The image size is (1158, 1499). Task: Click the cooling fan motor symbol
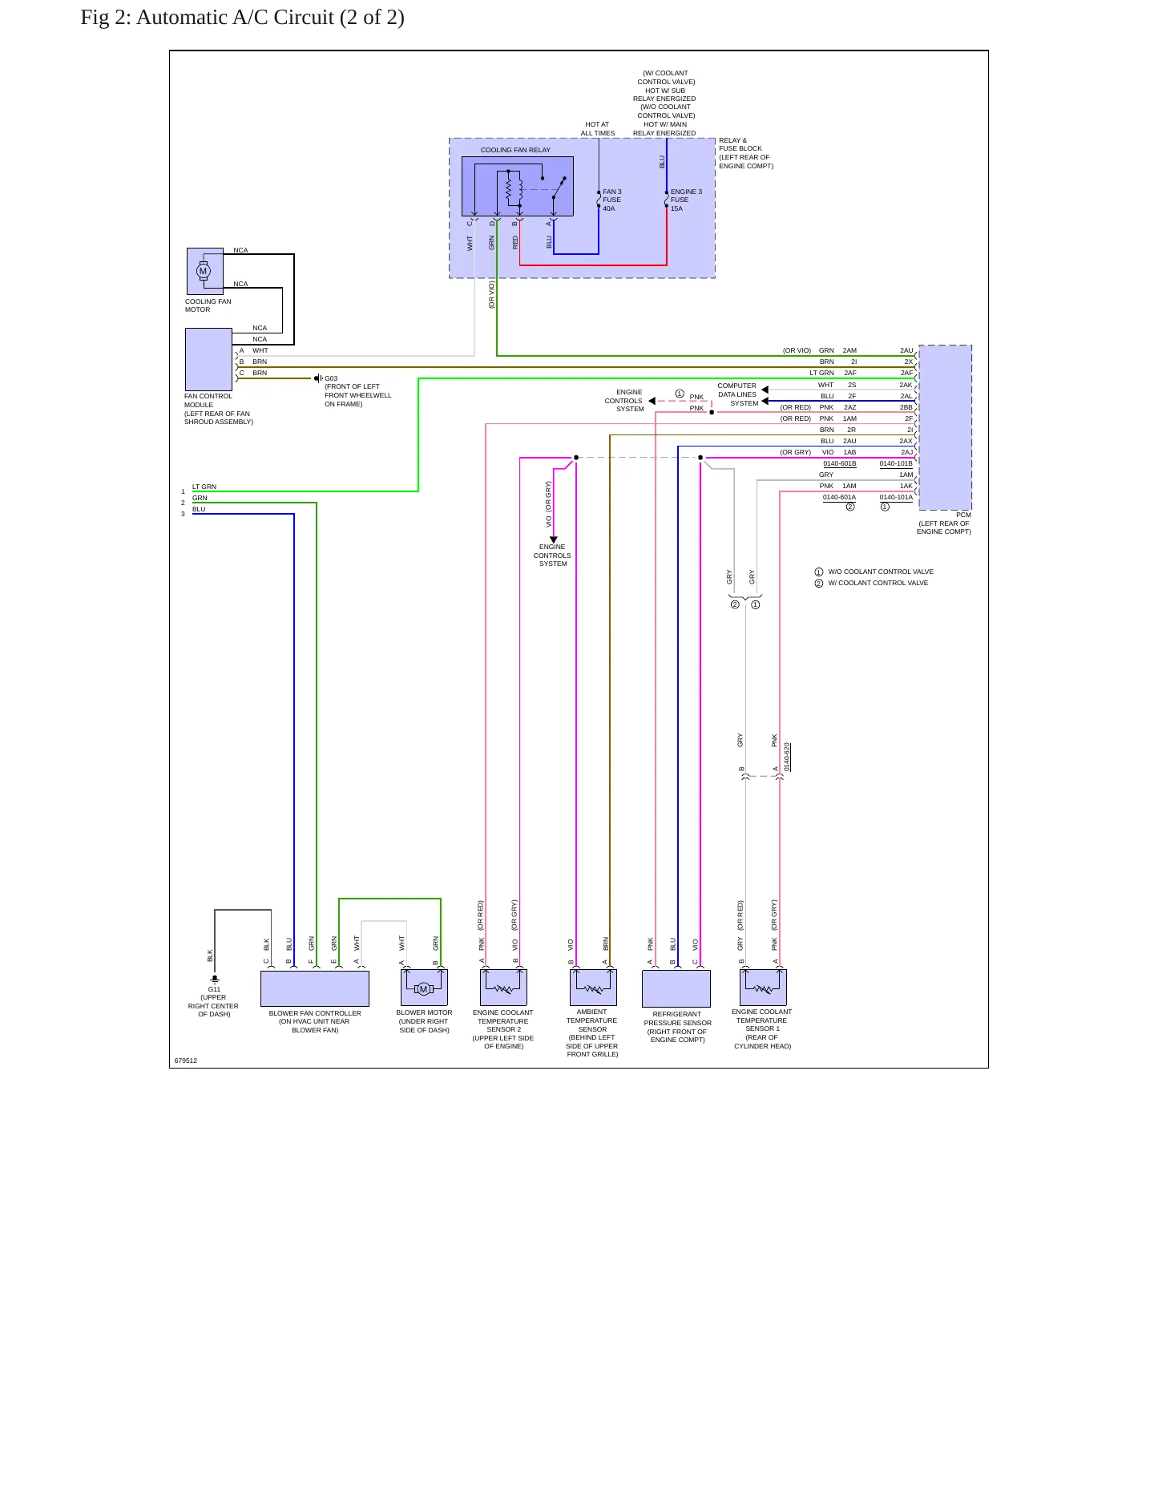[x=205, y=271]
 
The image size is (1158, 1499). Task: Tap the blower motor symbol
[x=424, y=988]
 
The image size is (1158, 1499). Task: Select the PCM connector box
[x=945, y=427]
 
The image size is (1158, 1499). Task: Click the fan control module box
[x=208, y=359]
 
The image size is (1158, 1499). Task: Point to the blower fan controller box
[x=315, y=988]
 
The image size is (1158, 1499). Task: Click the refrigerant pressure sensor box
[x=676, y=988]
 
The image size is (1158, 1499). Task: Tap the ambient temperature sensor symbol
[x=593, y=987]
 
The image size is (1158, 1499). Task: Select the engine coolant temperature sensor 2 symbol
[x=503, y=987]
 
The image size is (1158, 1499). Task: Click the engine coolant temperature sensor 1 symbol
[x=763, y=987]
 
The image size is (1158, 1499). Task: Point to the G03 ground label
[x=331, y=378]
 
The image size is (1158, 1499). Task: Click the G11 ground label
[x=214, y=989]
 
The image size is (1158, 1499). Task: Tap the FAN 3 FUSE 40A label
[x=611, y=200]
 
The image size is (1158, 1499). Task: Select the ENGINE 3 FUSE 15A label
[x=686, y=200]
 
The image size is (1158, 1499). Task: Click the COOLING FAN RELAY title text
[x=515, y=150]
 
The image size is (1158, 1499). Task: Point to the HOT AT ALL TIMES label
[x=598, y=129]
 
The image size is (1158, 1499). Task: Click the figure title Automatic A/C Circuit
[x=242, y=18]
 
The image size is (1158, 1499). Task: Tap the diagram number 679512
[x=186, y=1061]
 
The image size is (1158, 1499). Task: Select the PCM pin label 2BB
[x=906, y=407]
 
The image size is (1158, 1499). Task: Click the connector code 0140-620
[x=787, y=757]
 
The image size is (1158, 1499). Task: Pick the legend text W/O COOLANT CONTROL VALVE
[x=881, y=572]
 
